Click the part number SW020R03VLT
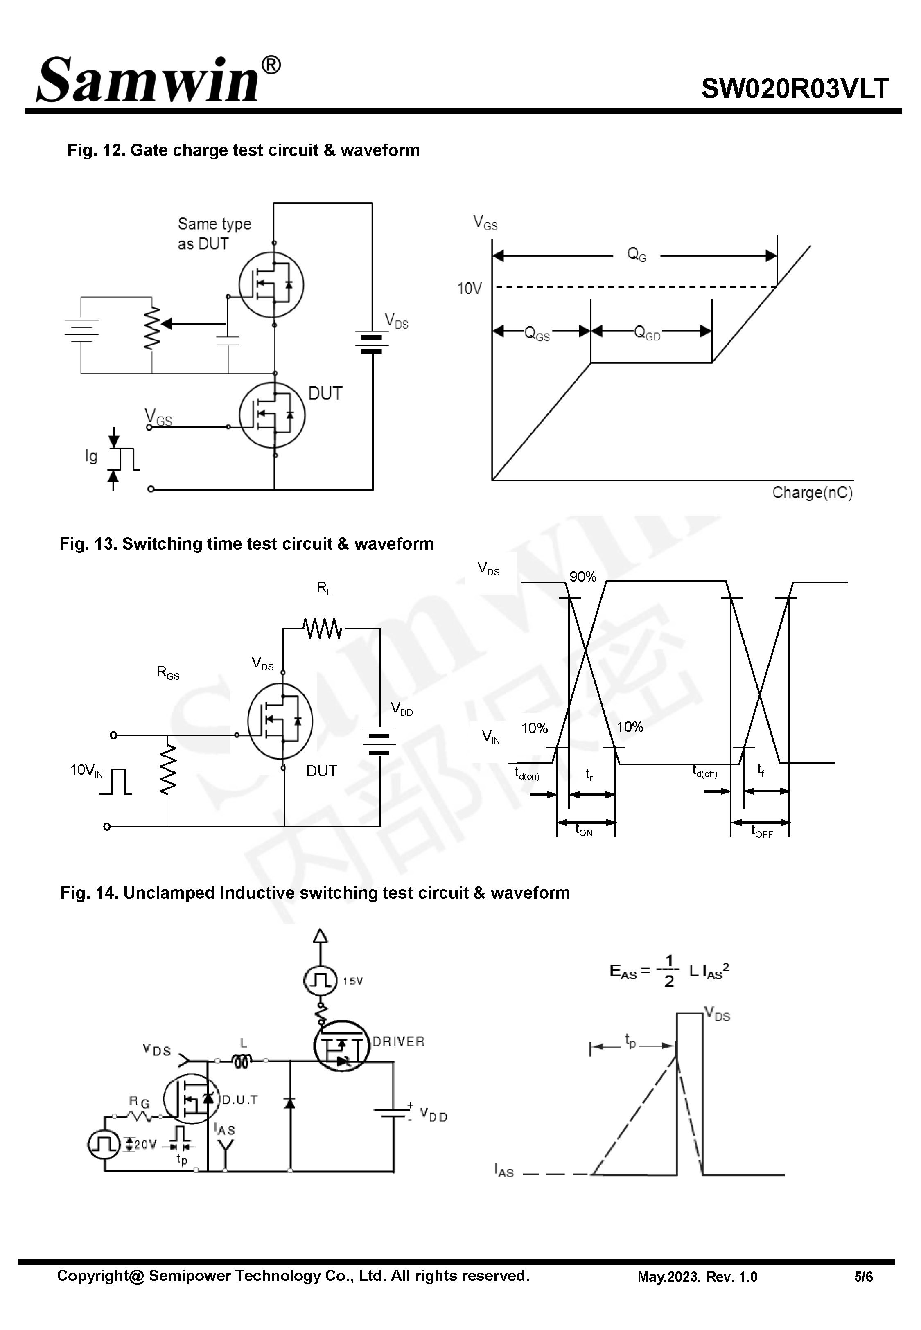pyautogui.click(x=795, y=89)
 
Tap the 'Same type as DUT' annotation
pyautogui.click(x=214, y=234)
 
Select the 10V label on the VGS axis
pyautogui.click(x=469, y=289)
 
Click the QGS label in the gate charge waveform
pyautogui.click(x=536, y=334)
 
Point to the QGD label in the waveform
pyautogui.click(x=646, y=333)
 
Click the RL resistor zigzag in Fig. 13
pyautogui.click(x=322, y=628)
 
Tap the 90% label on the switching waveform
pyautogui.click(x=583, y=577)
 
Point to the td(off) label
pyautogui.click(x=704, y=771)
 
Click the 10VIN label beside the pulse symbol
pyautogui.click(x=86, y=770)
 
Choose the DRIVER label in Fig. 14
pyautogui.click(x=398, y=1041)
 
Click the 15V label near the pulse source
pyautogui.click(x=352, y=981)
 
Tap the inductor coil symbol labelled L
pyautogui.click(x=242, y=1061)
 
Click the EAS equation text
pyautogui.click(x=669, y=971)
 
